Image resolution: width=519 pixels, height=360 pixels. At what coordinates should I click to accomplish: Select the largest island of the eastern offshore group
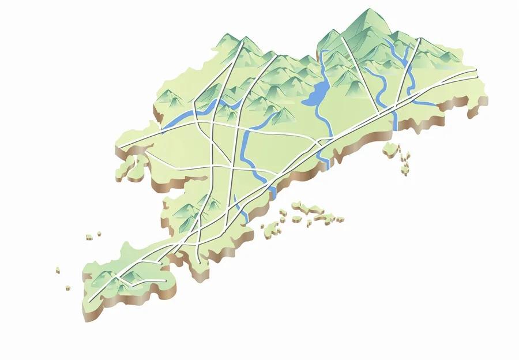click(392, 149)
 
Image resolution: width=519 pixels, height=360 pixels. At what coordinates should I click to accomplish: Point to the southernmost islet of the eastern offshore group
click(405, 171)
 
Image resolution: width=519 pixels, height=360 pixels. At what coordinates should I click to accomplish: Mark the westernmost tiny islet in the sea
click(58, 269)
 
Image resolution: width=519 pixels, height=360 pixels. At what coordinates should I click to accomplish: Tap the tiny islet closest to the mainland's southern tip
click(68, 286)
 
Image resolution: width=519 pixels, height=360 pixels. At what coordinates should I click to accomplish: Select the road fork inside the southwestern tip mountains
click(118, 279)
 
